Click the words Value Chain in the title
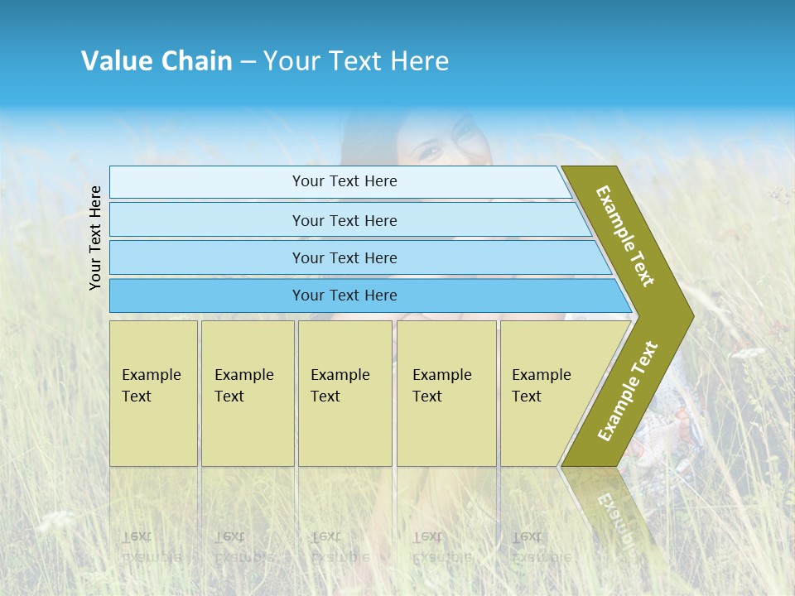pos(157,61)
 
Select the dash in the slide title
pos(248,62)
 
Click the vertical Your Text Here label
pos(95,238)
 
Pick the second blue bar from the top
pos(344,220)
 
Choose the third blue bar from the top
pos(344,257)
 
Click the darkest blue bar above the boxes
pos(344,296)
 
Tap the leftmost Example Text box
pos(153,393)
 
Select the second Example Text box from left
pos(248,393)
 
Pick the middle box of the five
pos(344,393)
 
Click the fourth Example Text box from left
pos(446,393)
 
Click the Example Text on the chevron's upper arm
pos(625,236)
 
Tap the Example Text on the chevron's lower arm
pos(628,391)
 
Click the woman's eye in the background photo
pos(430,151)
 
